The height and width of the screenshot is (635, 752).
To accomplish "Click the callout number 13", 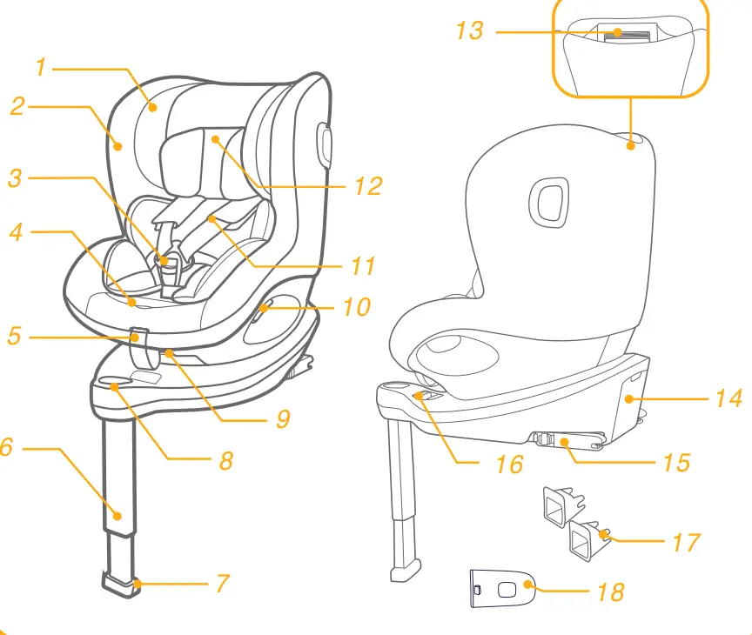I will pos(469,30).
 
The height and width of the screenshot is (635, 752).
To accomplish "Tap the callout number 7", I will pos(223,583).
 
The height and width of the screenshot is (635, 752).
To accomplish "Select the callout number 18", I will pos(611,592).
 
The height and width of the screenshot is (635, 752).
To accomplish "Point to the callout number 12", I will pos(368,186).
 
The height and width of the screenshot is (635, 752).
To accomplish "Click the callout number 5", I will pos(13,335).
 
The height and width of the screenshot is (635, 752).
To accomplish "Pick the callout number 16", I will pos(509,464).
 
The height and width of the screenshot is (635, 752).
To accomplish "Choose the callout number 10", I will pos(356,307).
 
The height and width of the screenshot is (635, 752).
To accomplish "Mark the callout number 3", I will pos(15,178).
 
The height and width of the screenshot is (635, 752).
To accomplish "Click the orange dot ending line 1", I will pos(152,107).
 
